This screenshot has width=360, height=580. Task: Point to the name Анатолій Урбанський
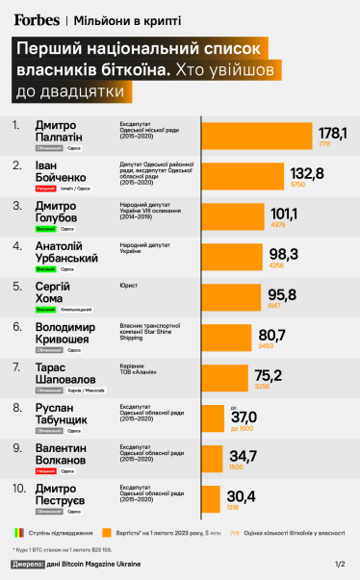pyautogui.click(x=65, y=253)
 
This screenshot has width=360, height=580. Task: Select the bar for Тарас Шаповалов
pyautogui.click(x=227, y=379)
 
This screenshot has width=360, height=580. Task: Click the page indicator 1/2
pyautogui.click(x=339, y=564)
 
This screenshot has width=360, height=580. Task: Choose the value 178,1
pyautogui.click(x=332, y=132)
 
